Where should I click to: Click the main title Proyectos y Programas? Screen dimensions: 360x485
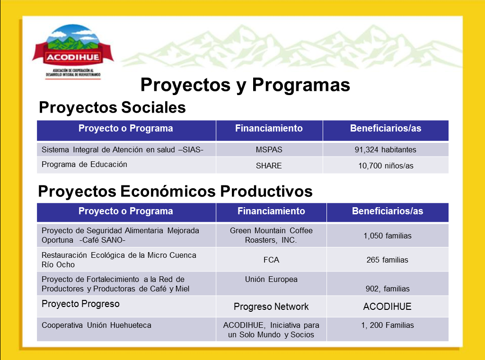pyautogui.click(x=245, y=85)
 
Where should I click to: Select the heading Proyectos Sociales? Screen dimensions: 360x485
pyautogui.click(x=112, y=107)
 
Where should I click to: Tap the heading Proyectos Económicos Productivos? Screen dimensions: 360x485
pyautogui.click(x=175, y=191)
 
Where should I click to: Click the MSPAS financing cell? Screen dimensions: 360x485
pyautogui.click(x=269, y=149)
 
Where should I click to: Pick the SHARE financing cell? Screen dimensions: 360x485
pyautogui.click(x=269, y=166)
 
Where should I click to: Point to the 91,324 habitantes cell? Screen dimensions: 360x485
pyautogui.click(x=385, y=149)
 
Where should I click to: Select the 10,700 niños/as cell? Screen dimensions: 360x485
pyautogui.click(x=385, y=166)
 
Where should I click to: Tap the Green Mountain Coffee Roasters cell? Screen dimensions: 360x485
pyautogui.click(x=271, y=235)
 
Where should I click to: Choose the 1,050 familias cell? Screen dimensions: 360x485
pyautogui.click(x=387, y=236)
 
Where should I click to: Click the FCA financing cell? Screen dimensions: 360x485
pyautogui.click(x=271, y=260)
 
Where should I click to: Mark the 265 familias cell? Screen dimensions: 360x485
pyautogui.click(x=387, y=260)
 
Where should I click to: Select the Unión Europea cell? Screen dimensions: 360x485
pyautogui.click(x=271, y=279)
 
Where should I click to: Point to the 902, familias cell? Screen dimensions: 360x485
pyautogui.click(x=387, y=289)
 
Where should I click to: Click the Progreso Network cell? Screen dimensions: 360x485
pyautogui.click(x=271, y=307)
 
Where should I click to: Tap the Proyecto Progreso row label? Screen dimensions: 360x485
pyautogui.click(x=80, y=304)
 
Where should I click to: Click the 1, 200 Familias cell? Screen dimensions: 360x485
pyautogui.click(x=387, y=325)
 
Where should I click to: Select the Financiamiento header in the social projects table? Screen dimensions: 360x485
pyautogui.click(x=269, y=128)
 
